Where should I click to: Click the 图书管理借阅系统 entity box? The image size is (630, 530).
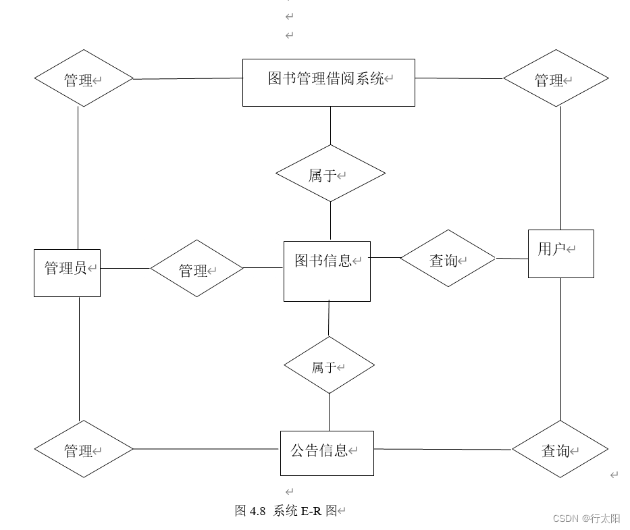(328, 82)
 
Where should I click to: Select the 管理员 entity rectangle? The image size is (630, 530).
(67, 273)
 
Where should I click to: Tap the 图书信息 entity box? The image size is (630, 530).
(327, 271)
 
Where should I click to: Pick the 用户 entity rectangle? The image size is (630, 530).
(560, 253)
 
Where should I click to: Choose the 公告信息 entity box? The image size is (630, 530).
(327, 453)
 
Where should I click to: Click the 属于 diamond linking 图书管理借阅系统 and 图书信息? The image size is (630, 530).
(330, 174)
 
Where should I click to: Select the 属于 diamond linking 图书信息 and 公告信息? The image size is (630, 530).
(329, 365)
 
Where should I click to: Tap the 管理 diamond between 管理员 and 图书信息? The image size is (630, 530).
(196, 269)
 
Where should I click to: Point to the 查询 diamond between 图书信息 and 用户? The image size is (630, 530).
(447, 259)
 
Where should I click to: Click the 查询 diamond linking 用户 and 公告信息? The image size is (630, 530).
(560, 449)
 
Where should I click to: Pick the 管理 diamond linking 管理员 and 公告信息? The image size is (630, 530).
(84, 449)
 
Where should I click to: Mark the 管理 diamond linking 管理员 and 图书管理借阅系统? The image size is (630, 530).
(84, 78)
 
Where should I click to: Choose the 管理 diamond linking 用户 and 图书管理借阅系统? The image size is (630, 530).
(555, 78)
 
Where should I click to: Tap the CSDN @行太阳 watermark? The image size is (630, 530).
(586, 519)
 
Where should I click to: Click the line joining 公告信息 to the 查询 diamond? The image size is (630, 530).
(442, 449)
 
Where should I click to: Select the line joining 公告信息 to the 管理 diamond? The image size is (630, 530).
(206, 449)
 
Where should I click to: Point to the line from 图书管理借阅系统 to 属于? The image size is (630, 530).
(330, 125)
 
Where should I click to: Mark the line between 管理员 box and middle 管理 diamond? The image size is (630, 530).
(125, 268)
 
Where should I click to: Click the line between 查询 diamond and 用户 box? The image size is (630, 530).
(511, 258)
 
